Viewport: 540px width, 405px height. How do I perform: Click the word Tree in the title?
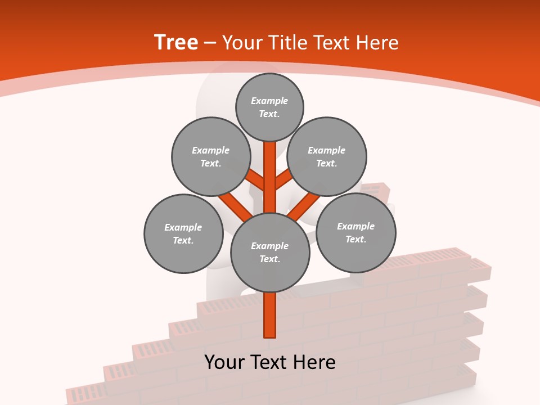tap(176, 42)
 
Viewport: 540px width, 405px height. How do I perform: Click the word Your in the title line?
tap(242, 43)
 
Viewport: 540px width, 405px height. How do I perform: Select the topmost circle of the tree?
tap(269, 107)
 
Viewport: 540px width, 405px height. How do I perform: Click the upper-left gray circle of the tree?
tap(210, 156)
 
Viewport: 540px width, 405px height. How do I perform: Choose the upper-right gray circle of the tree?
tap(327, 156)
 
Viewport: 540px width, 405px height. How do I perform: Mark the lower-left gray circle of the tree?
tap(183, 233)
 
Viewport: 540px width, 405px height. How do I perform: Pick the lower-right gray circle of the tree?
tap(355, 232)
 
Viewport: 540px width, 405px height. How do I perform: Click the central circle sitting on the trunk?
tap(270, 252)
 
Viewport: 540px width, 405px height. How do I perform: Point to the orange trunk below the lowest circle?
tap(270, 315)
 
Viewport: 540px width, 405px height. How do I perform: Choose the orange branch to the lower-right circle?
tap(304, 205)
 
